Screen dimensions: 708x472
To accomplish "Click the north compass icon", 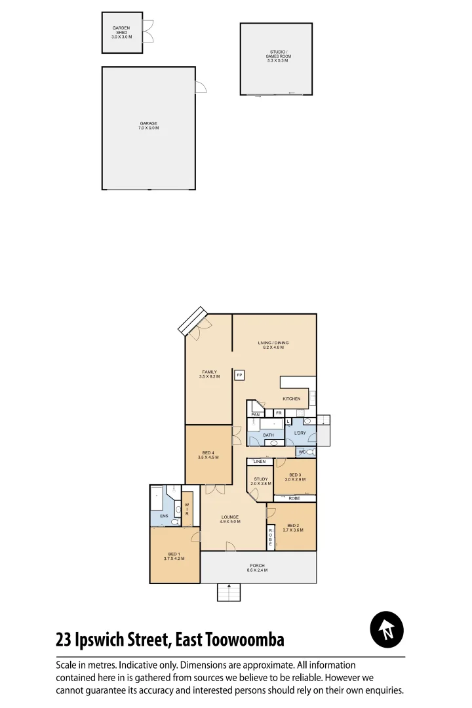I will [x=387, y=630].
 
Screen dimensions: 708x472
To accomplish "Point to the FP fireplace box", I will [x=240, y=375].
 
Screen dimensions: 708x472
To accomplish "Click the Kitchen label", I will [x=292, y=399].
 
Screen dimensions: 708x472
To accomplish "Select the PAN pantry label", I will [x=255, y=414].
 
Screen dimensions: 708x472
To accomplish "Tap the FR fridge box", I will [x=279, y=413].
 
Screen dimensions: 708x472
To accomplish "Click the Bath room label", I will [x=268, y=435].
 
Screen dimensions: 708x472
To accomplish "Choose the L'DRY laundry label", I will [x=300, y=433].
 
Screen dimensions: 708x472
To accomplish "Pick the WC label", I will [x=302, y=452].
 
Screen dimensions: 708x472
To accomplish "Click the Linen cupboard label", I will [x=260, y=462].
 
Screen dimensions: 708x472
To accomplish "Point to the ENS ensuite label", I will [x=164, y=517].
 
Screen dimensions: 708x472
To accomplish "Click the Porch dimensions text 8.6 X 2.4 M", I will [x=256, y=571].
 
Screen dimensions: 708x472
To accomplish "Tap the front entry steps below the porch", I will [x=229, y=593].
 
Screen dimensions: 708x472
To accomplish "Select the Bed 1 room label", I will [x=174, y=556].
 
